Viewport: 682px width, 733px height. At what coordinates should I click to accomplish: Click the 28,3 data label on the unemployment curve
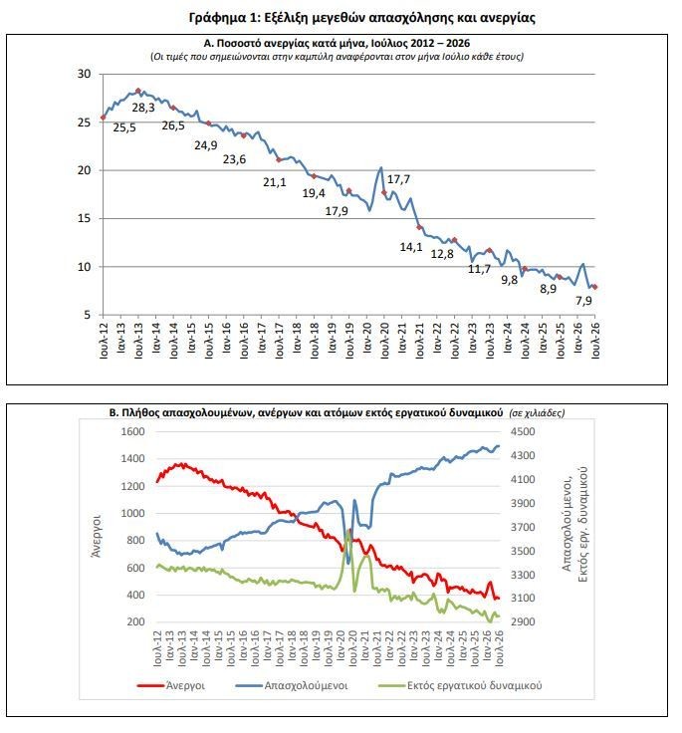click(x=143, y=108)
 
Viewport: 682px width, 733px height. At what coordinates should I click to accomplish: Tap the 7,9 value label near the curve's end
click(x=583, y=300)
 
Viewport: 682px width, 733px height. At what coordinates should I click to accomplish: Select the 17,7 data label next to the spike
click(x=398, y=179)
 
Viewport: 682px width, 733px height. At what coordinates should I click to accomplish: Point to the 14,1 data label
click(x=411, y=247)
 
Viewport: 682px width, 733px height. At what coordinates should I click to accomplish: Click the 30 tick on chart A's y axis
click(x=85, y=74)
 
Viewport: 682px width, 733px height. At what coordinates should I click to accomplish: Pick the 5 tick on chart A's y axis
click(x=87, y=315)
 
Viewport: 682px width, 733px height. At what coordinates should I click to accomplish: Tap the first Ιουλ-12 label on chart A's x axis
click(x=104, y=340)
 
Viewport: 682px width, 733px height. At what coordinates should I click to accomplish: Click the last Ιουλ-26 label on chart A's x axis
click(x=595, y=340)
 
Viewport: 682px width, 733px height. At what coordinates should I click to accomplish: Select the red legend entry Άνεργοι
click(x=171, y=685)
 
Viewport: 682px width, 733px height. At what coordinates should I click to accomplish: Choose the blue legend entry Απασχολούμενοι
click(x=292, y=685)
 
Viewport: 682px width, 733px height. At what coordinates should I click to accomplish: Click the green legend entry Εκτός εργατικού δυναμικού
click(x=460, y=685)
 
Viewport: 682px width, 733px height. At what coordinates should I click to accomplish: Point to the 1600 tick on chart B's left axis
click(x=132, y=431)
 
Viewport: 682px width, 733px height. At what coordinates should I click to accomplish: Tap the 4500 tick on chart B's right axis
click(x=523, y=431)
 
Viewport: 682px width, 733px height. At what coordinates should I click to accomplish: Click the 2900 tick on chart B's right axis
click(x=523, y=621)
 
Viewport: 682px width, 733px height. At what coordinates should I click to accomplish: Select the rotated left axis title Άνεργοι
click(x=97, y=536)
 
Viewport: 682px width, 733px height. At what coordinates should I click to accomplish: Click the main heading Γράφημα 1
click(x=223, y=18)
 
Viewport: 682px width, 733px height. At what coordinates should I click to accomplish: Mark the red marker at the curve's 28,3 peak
click(x=138, y=91)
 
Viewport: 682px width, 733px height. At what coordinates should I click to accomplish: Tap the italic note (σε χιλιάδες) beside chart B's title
click(x=537, y=413)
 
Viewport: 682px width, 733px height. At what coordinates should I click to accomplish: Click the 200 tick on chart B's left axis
click(x=136, y=621)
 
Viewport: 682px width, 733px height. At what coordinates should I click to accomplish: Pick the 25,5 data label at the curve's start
click(x=124, y=127)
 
